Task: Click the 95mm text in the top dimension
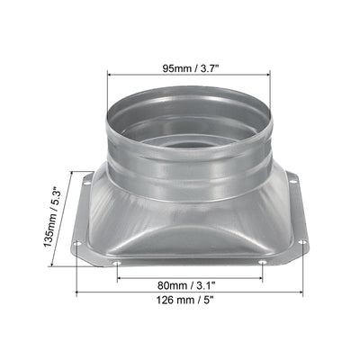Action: click(176, 68)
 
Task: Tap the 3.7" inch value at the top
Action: click(207, 68)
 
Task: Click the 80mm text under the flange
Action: click(169, 285)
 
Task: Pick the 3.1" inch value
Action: click(204, 285)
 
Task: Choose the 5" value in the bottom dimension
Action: click(207, 300)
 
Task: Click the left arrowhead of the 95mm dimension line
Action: click(110, 75)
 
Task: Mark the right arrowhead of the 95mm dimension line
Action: click(267, 75)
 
